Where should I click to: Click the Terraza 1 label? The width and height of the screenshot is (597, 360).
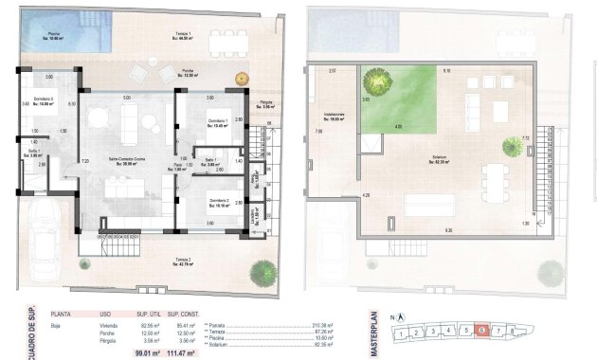click(x=184, y=37)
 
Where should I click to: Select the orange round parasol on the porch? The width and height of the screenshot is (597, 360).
click(x=241, y=76)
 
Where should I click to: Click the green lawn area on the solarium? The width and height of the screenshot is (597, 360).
click(x=398, y=99)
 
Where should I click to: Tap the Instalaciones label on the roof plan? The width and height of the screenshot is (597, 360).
click(x=334, y=117)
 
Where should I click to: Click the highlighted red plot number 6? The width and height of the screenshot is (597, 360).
click(x=482, y=331)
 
